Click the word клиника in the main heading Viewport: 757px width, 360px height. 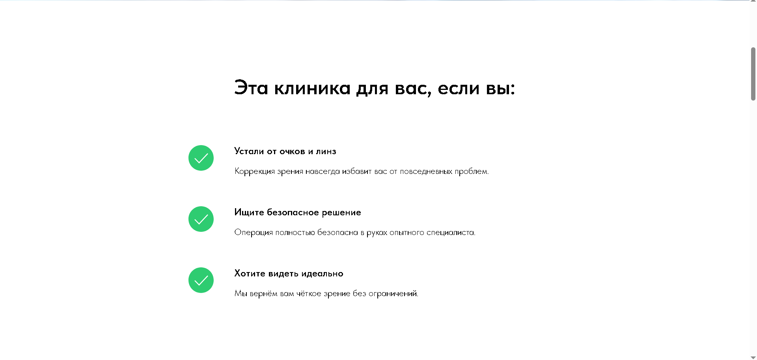[x=312, y=88]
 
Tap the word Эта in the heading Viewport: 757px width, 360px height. [x=251, y=88]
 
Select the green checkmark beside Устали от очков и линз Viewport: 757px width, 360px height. [x=201, y=158]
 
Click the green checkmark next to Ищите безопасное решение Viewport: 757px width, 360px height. [x=201, y=219]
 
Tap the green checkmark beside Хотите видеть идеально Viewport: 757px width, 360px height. [x=201, y=280]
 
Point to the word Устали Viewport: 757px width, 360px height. [x=249, y=151]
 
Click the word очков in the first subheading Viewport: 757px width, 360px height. [x=292, y=151]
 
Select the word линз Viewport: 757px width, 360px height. [x=326, y=151]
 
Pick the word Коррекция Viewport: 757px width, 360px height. [x=254, y=172]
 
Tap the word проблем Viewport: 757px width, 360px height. [x=472, y=172]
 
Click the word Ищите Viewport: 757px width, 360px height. [x=249, y=213]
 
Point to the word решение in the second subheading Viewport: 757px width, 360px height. [x=341, y=213]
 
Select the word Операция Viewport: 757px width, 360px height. [x=254, y=233]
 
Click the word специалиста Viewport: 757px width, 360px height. [x=451, y=233]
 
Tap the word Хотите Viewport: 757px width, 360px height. [x=250, y=274]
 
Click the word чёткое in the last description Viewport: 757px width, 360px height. [x=309, y=294]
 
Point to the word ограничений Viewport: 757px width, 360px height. [x=393, y=294]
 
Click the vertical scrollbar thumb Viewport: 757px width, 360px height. [x=753, y=74]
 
